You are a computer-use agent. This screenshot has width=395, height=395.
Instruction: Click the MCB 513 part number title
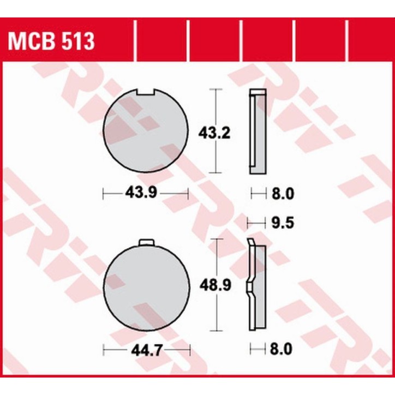coord(51,41)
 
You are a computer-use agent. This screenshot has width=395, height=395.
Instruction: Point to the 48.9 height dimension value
coord(210,284)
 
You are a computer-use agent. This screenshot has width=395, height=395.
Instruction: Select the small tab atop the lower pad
coord(146,243)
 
